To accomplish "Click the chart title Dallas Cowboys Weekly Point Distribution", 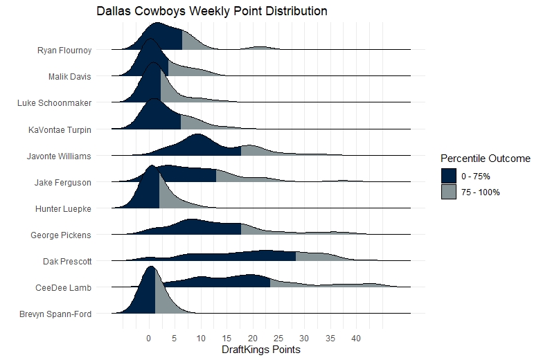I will tap(212, 12).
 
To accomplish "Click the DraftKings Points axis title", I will tap(260, 350).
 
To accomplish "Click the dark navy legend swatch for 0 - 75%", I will tap(448, 175).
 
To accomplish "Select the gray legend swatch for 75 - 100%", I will tap(448, 192).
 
